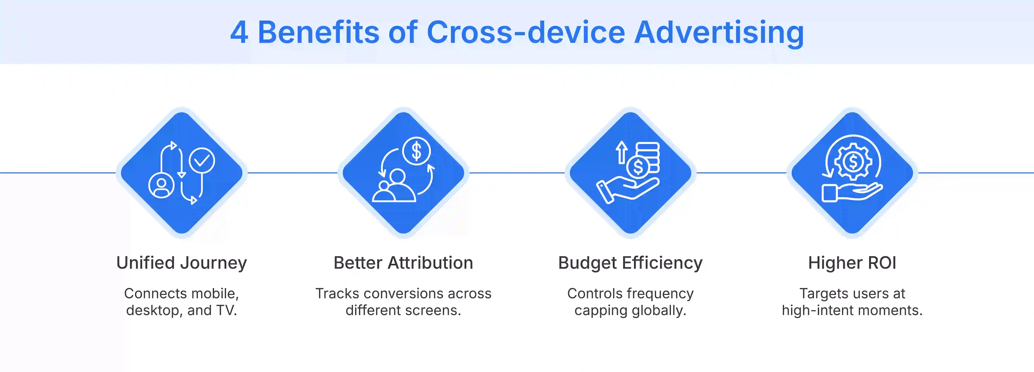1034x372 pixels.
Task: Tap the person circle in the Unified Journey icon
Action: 161,185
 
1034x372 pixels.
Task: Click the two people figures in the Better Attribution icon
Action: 393,187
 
